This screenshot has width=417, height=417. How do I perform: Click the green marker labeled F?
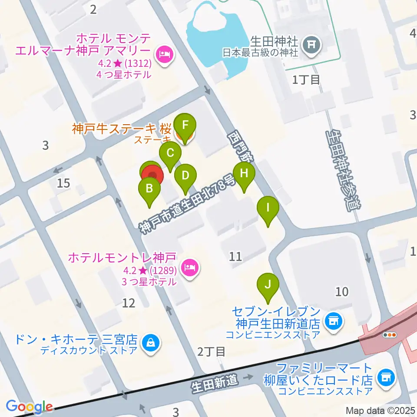pos(185,126)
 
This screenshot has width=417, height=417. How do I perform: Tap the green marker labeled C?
pos(170,153)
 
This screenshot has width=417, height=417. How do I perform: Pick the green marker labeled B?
pos(149,189)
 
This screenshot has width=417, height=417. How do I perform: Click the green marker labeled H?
pos(244,174)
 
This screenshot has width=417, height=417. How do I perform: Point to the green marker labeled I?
pos(268,208)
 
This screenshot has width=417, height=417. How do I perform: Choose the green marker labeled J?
pos(268,285)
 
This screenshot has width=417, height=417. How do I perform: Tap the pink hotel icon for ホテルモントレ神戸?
pos(190,265)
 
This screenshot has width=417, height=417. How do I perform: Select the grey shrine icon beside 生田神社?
pos(311,43)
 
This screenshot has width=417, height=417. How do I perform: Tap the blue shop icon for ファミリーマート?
pos(385,376)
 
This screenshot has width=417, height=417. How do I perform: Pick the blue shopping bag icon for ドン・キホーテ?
pos(151,343)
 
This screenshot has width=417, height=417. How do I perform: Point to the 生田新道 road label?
pos(215,382)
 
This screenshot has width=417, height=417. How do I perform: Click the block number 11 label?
pos(235,256)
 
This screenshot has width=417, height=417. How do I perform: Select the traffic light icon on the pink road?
pos(390,334)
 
